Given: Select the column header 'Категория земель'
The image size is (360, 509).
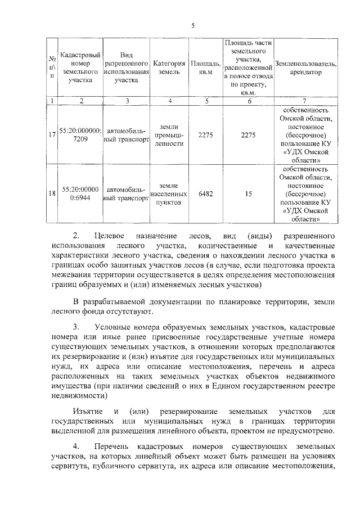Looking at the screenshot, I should [169, 68].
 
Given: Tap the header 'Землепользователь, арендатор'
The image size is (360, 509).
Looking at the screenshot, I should [307, 68].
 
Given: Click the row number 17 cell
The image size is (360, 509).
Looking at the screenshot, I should [52, 134].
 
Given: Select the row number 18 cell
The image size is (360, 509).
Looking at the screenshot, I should [52, 193].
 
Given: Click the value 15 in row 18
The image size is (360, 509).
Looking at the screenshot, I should [248, 193].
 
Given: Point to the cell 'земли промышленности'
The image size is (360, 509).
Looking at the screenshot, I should [169, 135].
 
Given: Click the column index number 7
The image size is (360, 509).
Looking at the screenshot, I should [307, 101].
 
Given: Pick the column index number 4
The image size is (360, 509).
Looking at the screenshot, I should [169, 101].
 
